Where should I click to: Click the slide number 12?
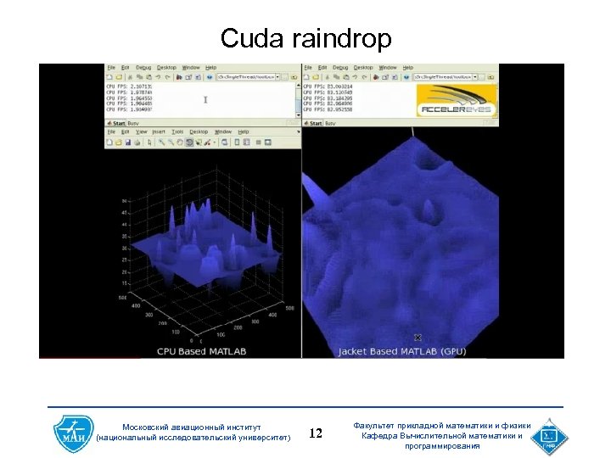[x=316, y=434]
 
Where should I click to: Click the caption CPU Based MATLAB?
[x=201, y=350]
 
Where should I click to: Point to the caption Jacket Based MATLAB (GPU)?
[x=402, y=351]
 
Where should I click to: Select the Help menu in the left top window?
[x=210, y=67]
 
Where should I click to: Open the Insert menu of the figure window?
[x=158, y=132]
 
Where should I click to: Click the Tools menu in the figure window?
[x=177, y=132]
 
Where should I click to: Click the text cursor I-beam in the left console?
[x=205, y=99]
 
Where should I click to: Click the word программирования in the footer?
[x=442, y=446]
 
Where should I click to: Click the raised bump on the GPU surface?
[x=430, y=208]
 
